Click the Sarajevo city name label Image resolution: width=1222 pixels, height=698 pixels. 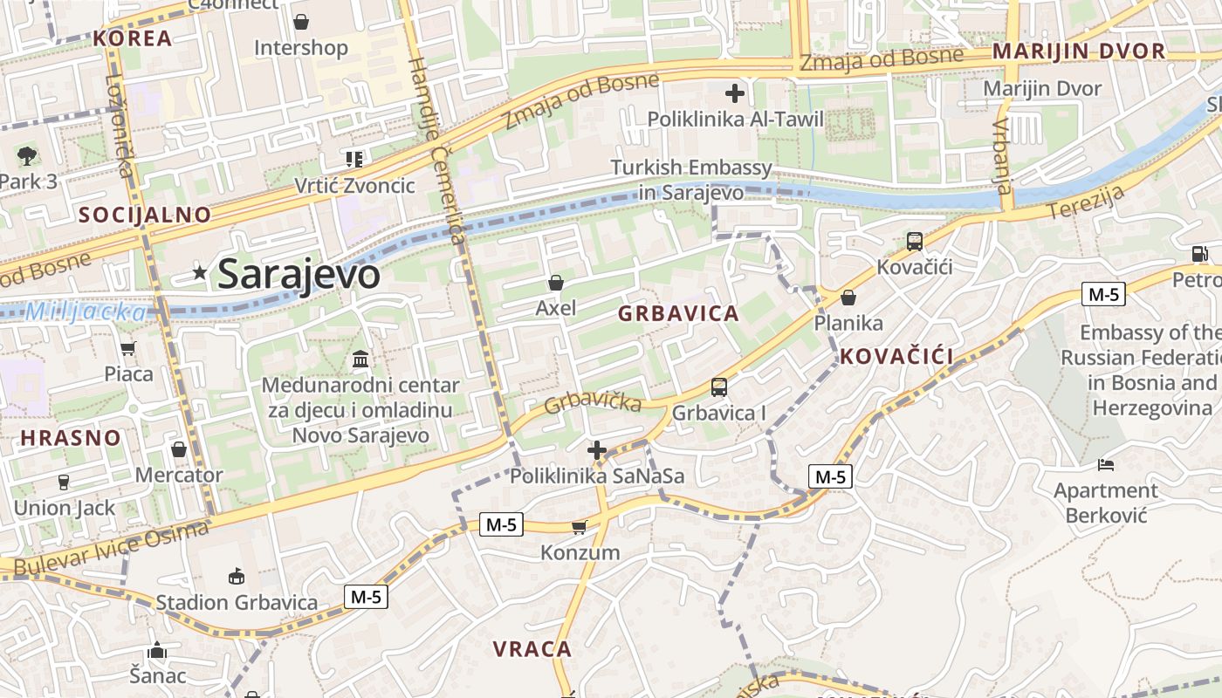point(299,275)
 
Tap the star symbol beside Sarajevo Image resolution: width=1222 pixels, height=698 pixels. point(200,273)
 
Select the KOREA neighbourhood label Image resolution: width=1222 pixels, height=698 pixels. point(133,38)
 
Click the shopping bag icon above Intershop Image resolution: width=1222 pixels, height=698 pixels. point(301,22)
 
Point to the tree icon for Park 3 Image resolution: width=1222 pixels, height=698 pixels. point(27,157)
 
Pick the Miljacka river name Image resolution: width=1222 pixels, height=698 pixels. point(86,311)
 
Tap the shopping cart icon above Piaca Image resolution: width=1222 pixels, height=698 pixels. point(128,349)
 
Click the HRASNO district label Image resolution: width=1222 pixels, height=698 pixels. point(71,438)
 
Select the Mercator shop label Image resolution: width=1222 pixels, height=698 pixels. point(179,476)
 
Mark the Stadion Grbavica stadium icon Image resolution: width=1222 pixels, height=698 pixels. point(237,576)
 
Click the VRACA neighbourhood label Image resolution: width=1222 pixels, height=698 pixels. point(532,649)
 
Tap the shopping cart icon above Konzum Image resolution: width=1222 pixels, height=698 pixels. point(579,527)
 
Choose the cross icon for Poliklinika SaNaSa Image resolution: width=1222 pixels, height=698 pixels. point(597,450)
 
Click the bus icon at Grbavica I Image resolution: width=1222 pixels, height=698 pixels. point(719,387)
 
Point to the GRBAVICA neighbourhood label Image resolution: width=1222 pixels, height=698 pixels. point(678,314)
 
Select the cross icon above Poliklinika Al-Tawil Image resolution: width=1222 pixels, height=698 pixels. point(735,92)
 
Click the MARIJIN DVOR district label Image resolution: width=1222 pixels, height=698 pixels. point(1079,51)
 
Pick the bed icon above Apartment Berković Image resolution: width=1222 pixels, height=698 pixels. point(1106,464)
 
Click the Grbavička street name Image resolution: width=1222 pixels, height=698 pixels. point(594,403)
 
